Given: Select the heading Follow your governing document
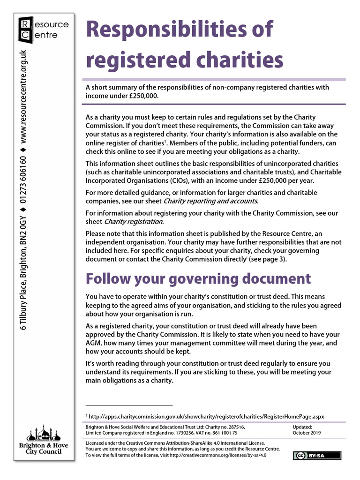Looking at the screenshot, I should (198, 278).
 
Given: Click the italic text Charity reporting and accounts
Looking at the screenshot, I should (210, 201).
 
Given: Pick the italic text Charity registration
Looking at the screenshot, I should (133, 221).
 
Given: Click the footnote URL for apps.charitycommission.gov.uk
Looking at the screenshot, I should (206, 416).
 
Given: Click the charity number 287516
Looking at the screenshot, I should (234, 427).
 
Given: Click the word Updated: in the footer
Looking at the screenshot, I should (303, 427).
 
